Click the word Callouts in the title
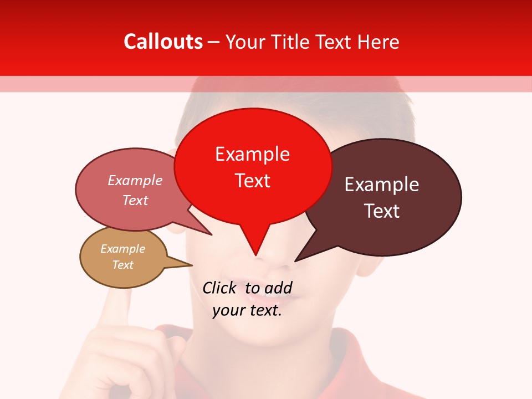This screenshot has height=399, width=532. coord(163,42)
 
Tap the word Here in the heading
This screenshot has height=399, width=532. coord(378,42)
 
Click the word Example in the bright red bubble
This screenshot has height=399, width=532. coord(252,154)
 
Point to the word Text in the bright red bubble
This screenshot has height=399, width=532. coord(252,181)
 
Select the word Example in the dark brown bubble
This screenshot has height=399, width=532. coord(382,185)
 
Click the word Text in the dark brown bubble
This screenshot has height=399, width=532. coord(382,211)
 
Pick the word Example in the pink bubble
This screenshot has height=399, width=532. coord(135,181)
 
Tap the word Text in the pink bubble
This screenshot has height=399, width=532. coord(135,201)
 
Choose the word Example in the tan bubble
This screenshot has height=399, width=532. coord(122,249)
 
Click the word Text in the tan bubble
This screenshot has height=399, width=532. coord(122,265)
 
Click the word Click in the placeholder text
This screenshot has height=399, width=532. coord(219,288)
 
